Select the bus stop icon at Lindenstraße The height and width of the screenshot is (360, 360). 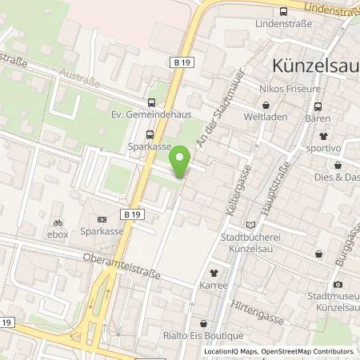coord(284,11)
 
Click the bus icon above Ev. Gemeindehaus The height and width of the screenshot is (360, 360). coord(151,102)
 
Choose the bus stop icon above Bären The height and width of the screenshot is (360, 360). coord(318,106)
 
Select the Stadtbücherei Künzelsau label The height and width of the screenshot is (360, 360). coord(254,243)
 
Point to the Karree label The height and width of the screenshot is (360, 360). coord(214,285)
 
